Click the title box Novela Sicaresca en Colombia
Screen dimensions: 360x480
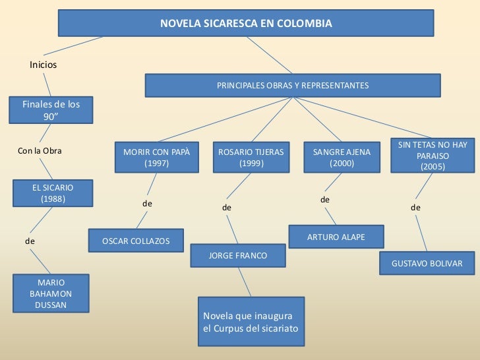click(246, 24)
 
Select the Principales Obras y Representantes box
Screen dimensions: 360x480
click(293, 86)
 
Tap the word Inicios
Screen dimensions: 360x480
click(44, 65)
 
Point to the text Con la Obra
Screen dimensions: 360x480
click(40, 151)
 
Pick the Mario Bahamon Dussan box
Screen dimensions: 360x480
click(51, 293)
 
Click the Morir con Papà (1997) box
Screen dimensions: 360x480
click(156, 157)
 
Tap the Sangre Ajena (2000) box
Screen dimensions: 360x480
click(341, 157)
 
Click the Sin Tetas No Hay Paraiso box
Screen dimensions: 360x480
click(433, 156)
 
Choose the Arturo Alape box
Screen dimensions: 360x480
click(336, 237)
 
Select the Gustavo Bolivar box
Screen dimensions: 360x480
click(427, 263)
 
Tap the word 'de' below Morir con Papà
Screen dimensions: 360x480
click(148, 204)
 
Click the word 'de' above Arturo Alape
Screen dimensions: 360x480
click(324, 199)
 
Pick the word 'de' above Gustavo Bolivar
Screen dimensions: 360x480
click(415, 208)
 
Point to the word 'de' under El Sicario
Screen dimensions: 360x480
click(30, 241)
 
